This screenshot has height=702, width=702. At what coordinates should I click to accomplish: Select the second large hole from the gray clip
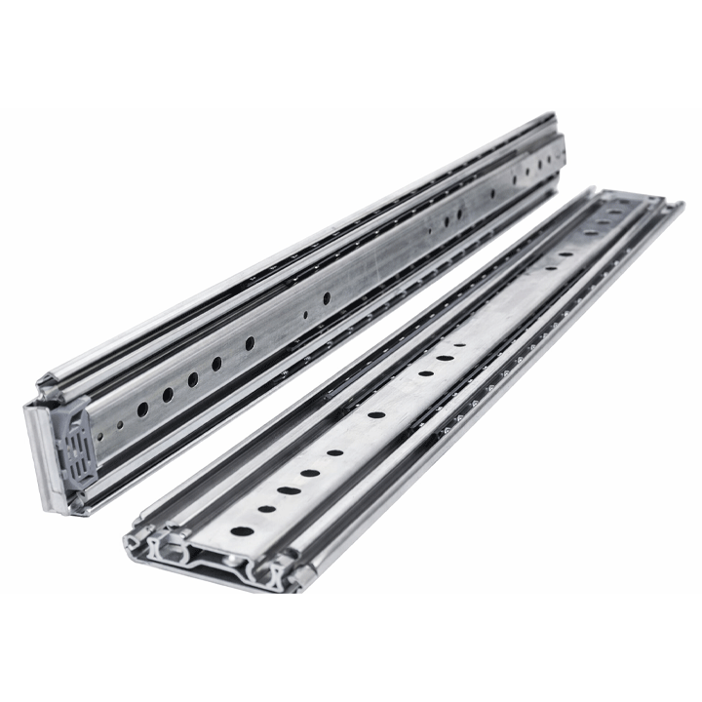pyautogui.click(x=167, y=394)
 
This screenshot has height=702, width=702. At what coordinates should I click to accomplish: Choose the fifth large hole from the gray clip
pyautogui.click(x=249, y=343)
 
